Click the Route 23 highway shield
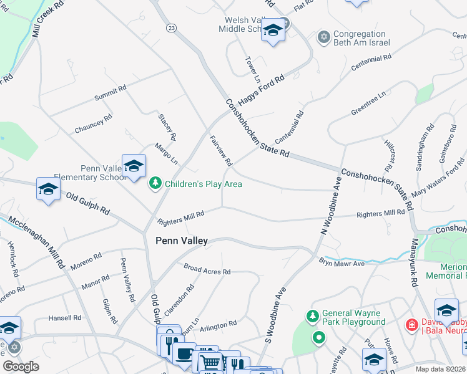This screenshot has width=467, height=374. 170,27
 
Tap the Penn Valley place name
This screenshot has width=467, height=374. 181,240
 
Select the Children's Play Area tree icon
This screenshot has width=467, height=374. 155,183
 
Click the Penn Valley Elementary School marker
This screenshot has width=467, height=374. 134,166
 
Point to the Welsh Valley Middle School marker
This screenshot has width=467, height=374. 273,30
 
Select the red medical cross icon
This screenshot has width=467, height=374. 411,325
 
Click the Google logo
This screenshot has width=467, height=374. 21,367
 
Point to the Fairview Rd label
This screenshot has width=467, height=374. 220,151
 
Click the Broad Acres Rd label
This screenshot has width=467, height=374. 207,271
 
